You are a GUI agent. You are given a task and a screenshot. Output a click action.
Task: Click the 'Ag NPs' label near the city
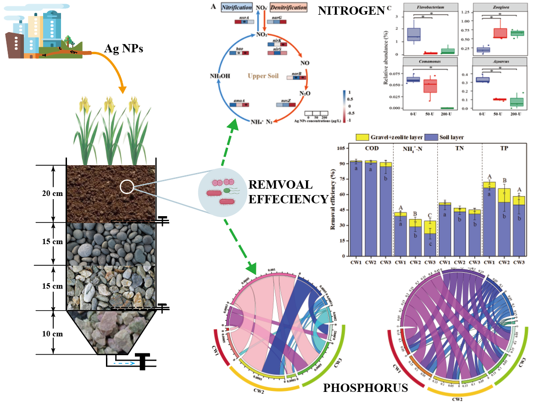(x=123, y=47)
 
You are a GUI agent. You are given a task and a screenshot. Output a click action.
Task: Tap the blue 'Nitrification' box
(x=236, y=8)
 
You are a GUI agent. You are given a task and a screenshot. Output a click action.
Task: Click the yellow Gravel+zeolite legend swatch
(x=360, y=137)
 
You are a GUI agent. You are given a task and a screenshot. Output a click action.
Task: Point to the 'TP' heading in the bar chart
(x=504, y=149)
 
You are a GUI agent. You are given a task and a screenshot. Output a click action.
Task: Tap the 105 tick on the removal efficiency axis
(x=340, y=149)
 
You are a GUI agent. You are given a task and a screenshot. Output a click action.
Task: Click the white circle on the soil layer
(x=128, y=186)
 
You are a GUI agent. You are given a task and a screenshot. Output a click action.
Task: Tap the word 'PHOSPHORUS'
(x=365, y=388)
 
